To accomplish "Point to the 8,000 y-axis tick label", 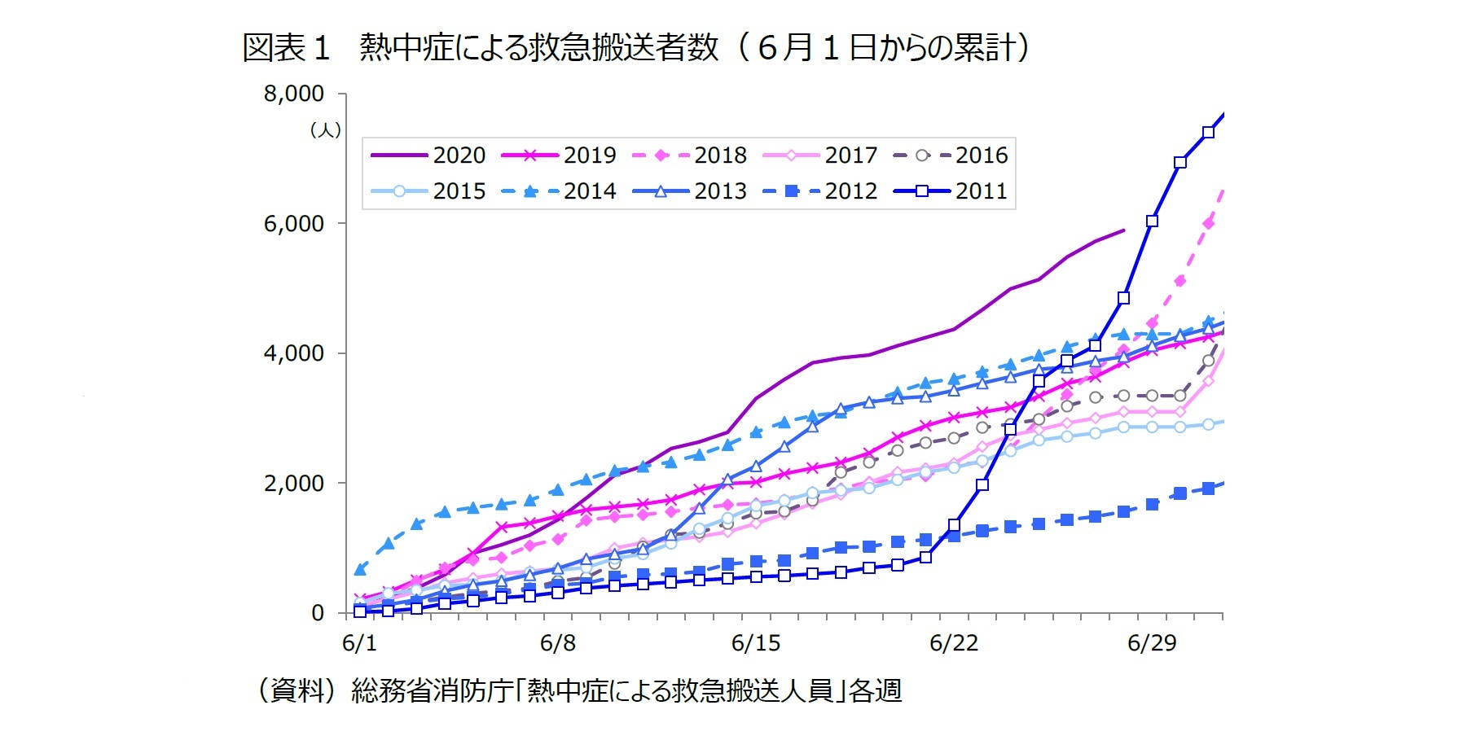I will pyautogui.click(x=293, y=94).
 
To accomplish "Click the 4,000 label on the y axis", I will pyautogui.click(x=293, y=353).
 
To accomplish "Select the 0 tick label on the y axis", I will pyautogui.click(x=318, y=613).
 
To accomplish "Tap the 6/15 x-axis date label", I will pyautogui.click(x=755, y=643).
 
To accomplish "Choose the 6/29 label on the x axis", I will pyautogui.click(x=1151, y=643).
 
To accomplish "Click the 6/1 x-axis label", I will pyautogui.click(x=359, y=643).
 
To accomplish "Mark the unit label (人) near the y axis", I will pyautogui.click(x=325, y=130).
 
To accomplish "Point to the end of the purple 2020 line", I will pyautogui.click(x=1123, y=230).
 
